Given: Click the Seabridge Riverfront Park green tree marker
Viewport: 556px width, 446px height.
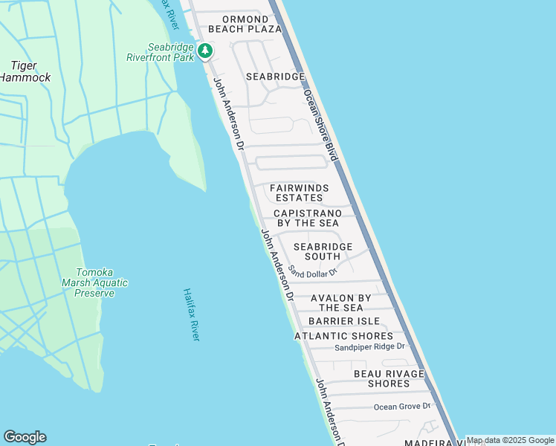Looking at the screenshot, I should [205, 51].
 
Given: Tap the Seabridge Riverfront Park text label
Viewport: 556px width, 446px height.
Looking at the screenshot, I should [160, 51].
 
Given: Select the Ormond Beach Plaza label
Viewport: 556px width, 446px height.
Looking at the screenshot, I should [245, 24].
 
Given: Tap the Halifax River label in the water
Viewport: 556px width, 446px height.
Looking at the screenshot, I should [192, 314].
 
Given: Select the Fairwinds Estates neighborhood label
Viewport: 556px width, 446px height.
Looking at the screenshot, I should [299, 193].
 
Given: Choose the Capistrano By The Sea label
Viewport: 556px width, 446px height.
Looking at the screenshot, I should [307, 218].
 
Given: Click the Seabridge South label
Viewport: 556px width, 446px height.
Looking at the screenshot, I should [322, 251].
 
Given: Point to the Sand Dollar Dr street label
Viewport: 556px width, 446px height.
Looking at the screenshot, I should [313, 271].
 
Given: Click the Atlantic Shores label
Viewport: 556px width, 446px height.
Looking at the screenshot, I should [343, 336].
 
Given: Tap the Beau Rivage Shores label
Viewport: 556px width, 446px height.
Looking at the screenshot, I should [389, 378].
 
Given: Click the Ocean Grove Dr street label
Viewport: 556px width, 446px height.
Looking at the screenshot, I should [402, 406].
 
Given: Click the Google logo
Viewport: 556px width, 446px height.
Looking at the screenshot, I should [25, 437].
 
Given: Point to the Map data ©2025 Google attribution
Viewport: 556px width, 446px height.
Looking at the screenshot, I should [510, 441].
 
